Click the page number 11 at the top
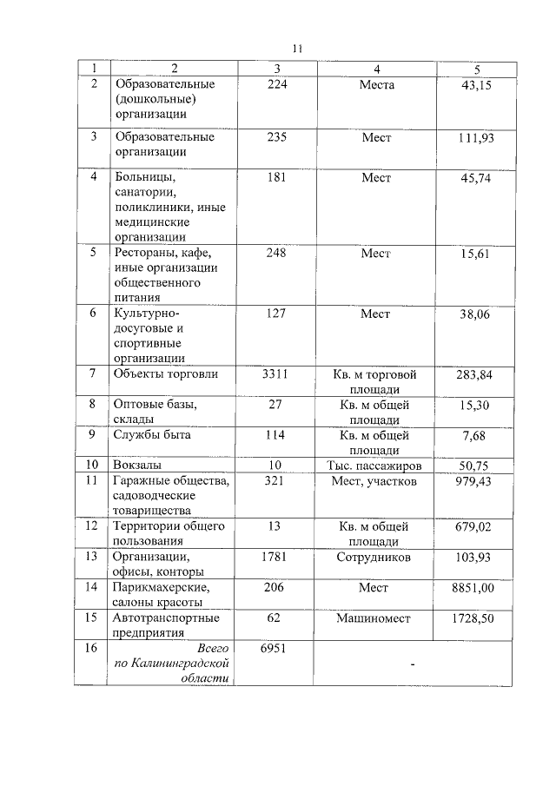click(x=296, y=49)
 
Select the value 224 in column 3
click(x=276, y=85)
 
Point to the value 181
click(x=276, y=177)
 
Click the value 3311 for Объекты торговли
click(x=276, y=374)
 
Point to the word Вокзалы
click(x=137, y=466)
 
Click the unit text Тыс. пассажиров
click(x=375, y=466)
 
